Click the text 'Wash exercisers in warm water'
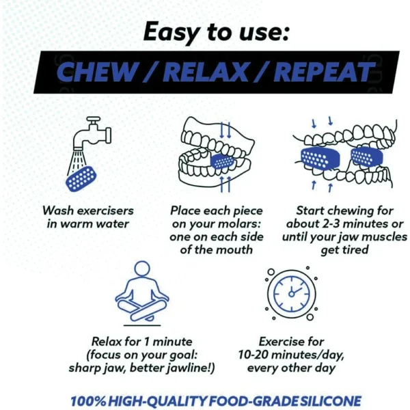[87, 217]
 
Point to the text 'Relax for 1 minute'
[141, 340]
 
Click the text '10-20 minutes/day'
[291, 354]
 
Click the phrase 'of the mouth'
[216, 249]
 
